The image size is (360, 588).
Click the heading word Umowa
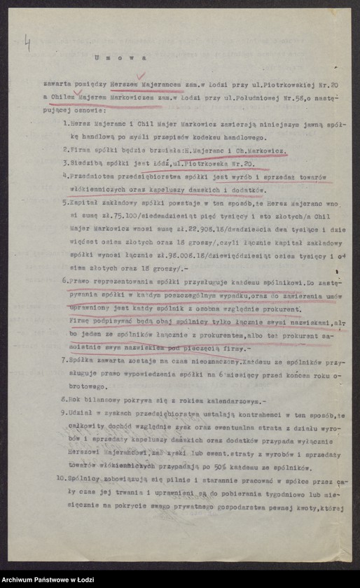pyautogui.click(x=120, y=59)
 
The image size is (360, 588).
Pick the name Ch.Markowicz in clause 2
pyautogui.click(x=260, y=150)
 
